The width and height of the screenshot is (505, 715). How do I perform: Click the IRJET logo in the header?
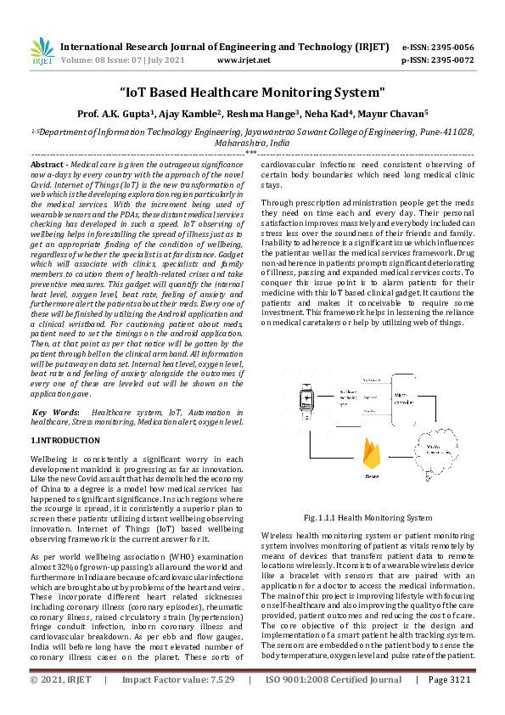tap(42, 52)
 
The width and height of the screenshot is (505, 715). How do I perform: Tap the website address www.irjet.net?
tap(244, 60)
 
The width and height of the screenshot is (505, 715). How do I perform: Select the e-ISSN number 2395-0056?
tap(452, 47)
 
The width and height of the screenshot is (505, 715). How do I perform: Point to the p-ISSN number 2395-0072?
tap(452, 60)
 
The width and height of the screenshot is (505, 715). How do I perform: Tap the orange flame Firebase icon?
tap(370, 455)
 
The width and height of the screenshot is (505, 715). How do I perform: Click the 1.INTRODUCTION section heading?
tap(65, 441)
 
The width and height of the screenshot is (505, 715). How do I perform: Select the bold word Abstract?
tap(48, 163)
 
